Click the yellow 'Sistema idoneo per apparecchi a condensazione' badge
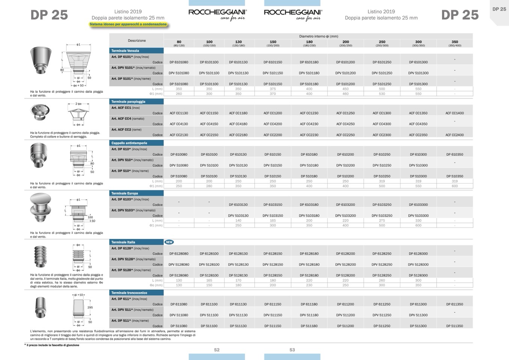pyautogui.click(x=128, y=24)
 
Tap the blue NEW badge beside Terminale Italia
pyautogui.click(x=169, y=242)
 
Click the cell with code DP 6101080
pyautogui.click(x=179, y=62)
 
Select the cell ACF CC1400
pyautogui.click(x=455, y=113)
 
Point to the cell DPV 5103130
pyautogui.click(x=238, y=216)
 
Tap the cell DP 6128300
pyautogui.click(x=418, y=254)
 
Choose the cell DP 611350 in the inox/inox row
pyautogui.click(x=455, y=304)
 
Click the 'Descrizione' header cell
pyautogui.click(x=137, y=41)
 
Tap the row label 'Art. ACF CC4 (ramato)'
pyautogui.click(x=128, y=119)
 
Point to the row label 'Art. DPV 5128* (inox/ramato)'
pyautogui.click(x=133, y=259)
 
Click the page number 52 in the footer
pyautogui.click(x=217, y=350)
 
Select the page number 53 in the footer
pyautogui.click(x=292, y=350)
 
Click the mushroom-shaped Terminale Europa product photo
pyautogui.click(x=41, y=208)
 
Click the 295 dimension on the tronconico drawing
pyautogui.click(x=90, y=307)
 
